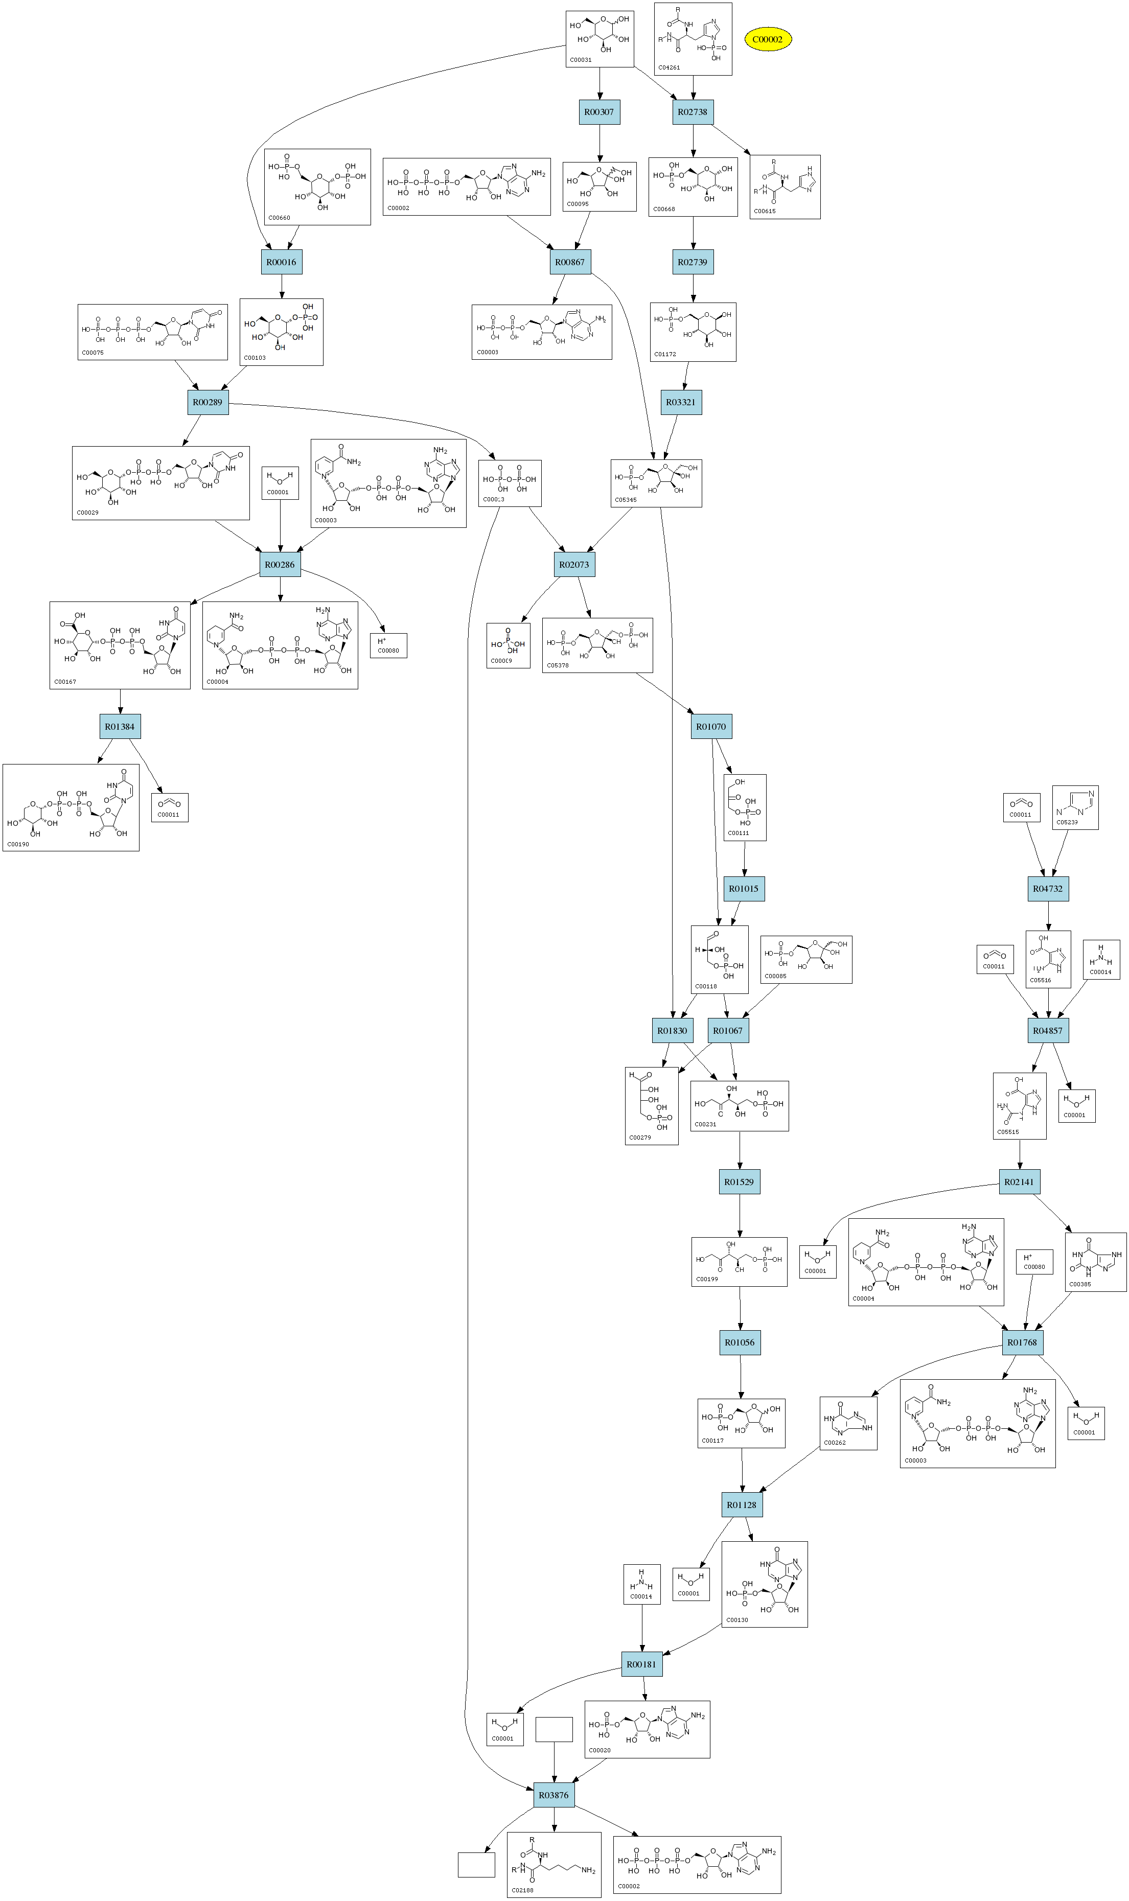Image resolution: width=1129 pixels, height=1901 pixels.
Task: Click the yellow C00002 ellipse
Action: coord(768,39)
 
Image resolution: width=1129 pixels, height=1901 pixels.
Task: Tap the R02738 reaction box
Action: coord(693,112)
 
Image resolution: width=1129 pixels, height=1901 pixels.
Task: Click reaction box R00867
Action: coord(570,262)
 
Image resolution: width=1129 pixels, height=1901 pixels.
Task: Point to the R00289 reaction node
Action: coord(208,402)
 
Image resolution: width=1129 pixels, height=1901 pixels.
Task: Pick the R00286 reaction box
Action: coord(280,565)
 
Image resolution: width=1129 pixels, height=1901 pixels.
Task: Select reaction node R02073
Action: coord(574,565)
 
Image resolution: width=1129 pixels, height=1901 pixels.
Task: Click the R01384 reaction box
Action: coord(120,727)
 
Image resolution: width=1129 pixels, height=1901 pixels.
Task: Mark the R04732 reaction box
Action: coord(1048,889)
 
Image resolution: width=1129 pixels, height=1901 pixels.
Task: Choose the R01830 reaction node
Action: coord(672,1031)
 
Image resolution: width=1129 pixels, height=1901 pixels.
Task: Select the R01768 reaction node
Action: coord(1022,1342)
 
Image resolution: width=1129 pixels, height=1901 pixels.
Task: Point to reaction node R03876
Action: coord(554,1795)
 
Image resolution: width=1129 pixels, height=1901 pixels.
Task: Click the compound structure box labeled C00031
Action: coord(600,39)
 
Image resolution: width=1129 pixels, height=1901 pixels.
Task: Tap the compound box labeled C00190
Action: coord(71,807)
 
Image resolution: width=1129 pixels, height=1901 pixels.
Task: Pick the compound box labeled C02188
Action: coord(554,1865)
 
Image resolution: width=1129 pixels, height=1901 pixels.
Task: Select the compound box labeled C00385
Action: coord(1095,1262)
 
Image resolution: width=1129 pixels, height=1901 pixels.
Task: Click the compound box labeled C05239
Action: coord(1075,807)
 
